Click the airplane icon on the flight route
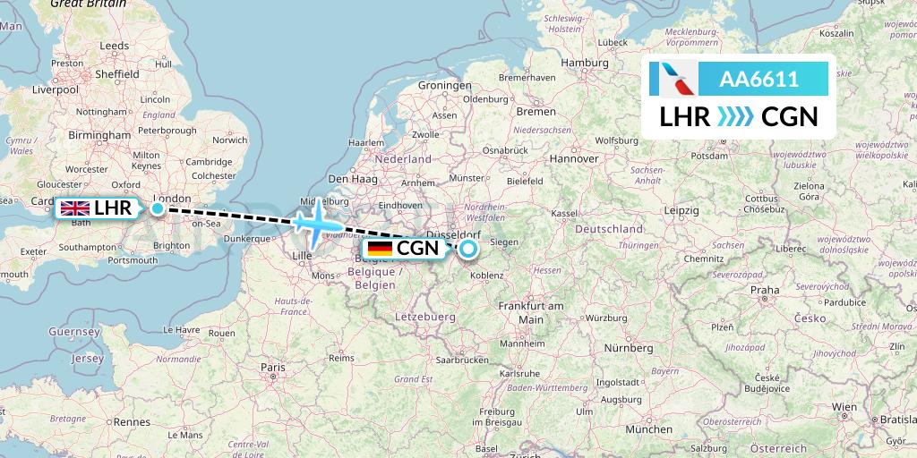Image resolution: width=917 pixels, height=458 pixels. (313, 223)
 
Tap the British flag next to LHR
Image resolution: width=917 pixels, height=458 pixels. (75, 208)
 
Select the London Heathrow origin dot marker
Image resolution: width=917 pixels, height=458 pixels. (158, 208)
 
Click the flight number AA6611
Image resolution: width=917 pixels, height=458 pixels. (758, 80)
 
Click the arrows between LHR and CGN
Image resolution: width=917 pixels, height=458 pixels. (735, 116)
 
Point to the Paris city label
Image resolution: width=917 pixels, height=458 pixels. (273, 368)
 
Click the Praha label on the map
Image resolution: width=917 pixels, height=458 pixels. (764, 290)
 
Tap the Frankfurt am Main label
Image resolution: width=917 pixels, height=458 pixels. (532, 313)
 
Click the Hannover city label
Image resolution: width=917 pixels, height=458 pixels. (574, 158)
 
